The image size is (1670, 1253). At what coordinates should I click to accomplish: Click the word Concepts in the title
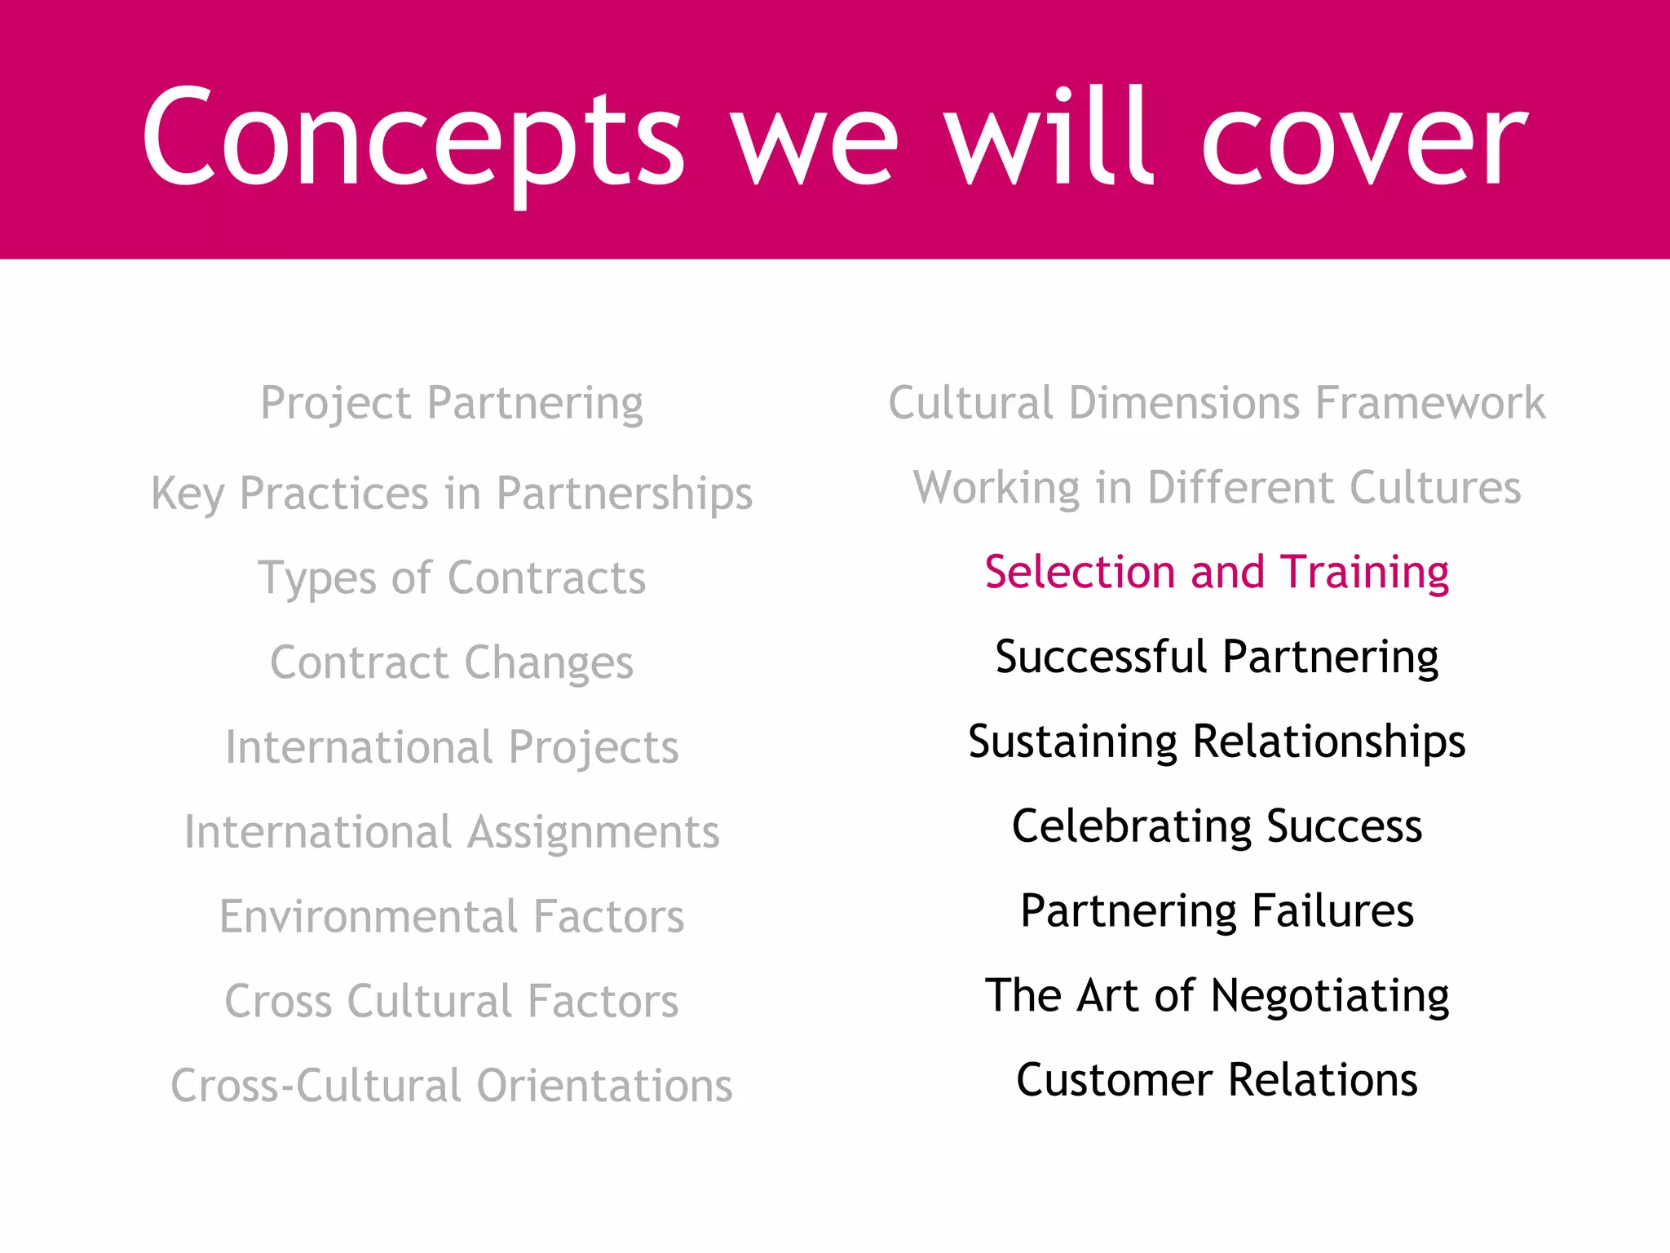[412, 139]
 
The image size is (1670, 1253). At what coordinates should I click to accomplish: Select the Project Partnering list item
[452, 403]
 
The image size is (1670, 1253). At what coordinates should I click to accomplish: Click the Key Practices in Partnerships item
[452, 494]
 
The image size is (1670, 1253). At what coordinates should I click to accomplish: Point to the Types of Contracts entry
[452, 578]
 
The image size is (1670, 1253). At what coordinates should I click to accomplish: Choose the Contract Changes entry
[452, 662]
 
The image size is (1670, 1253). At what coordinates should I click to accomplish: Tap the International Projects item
[452, 747]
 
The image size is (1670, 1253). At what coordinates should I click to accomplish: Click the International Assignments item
[452, 832]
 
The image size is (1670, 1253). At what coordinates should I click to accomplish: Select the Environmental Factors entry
[452, 916]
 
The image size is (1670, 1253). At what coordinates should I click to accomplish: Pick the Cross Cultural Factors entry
[452, 1001]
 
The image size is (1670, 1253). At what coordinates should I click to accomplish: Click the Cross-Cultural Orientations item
[452, 1086]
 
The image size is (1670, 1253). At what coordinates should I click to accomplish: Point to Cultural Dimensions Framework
[1217, 403]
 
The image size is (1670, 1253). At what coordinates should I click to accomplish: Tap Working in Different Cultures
[1217, 488]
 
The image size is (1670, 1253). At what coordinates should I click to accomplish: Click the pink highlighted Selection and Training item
[1217, 572]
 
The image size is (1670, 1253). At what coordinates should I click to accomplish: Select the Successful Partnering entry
[1217, 657]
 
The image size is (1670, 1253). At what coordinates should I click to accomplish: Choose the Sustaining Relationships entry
[1217, 742]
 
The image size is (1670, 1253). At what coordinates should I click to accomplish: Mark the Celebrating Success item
[1217, 826]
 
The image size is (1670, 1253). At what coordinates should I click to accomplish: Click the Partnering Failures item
[1217, 910]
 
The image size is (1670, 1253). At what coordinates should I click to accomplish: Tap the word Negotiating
[1329, 996]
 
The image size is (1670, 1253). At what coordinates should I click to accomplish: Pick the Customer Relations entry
[1217, 1080]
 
